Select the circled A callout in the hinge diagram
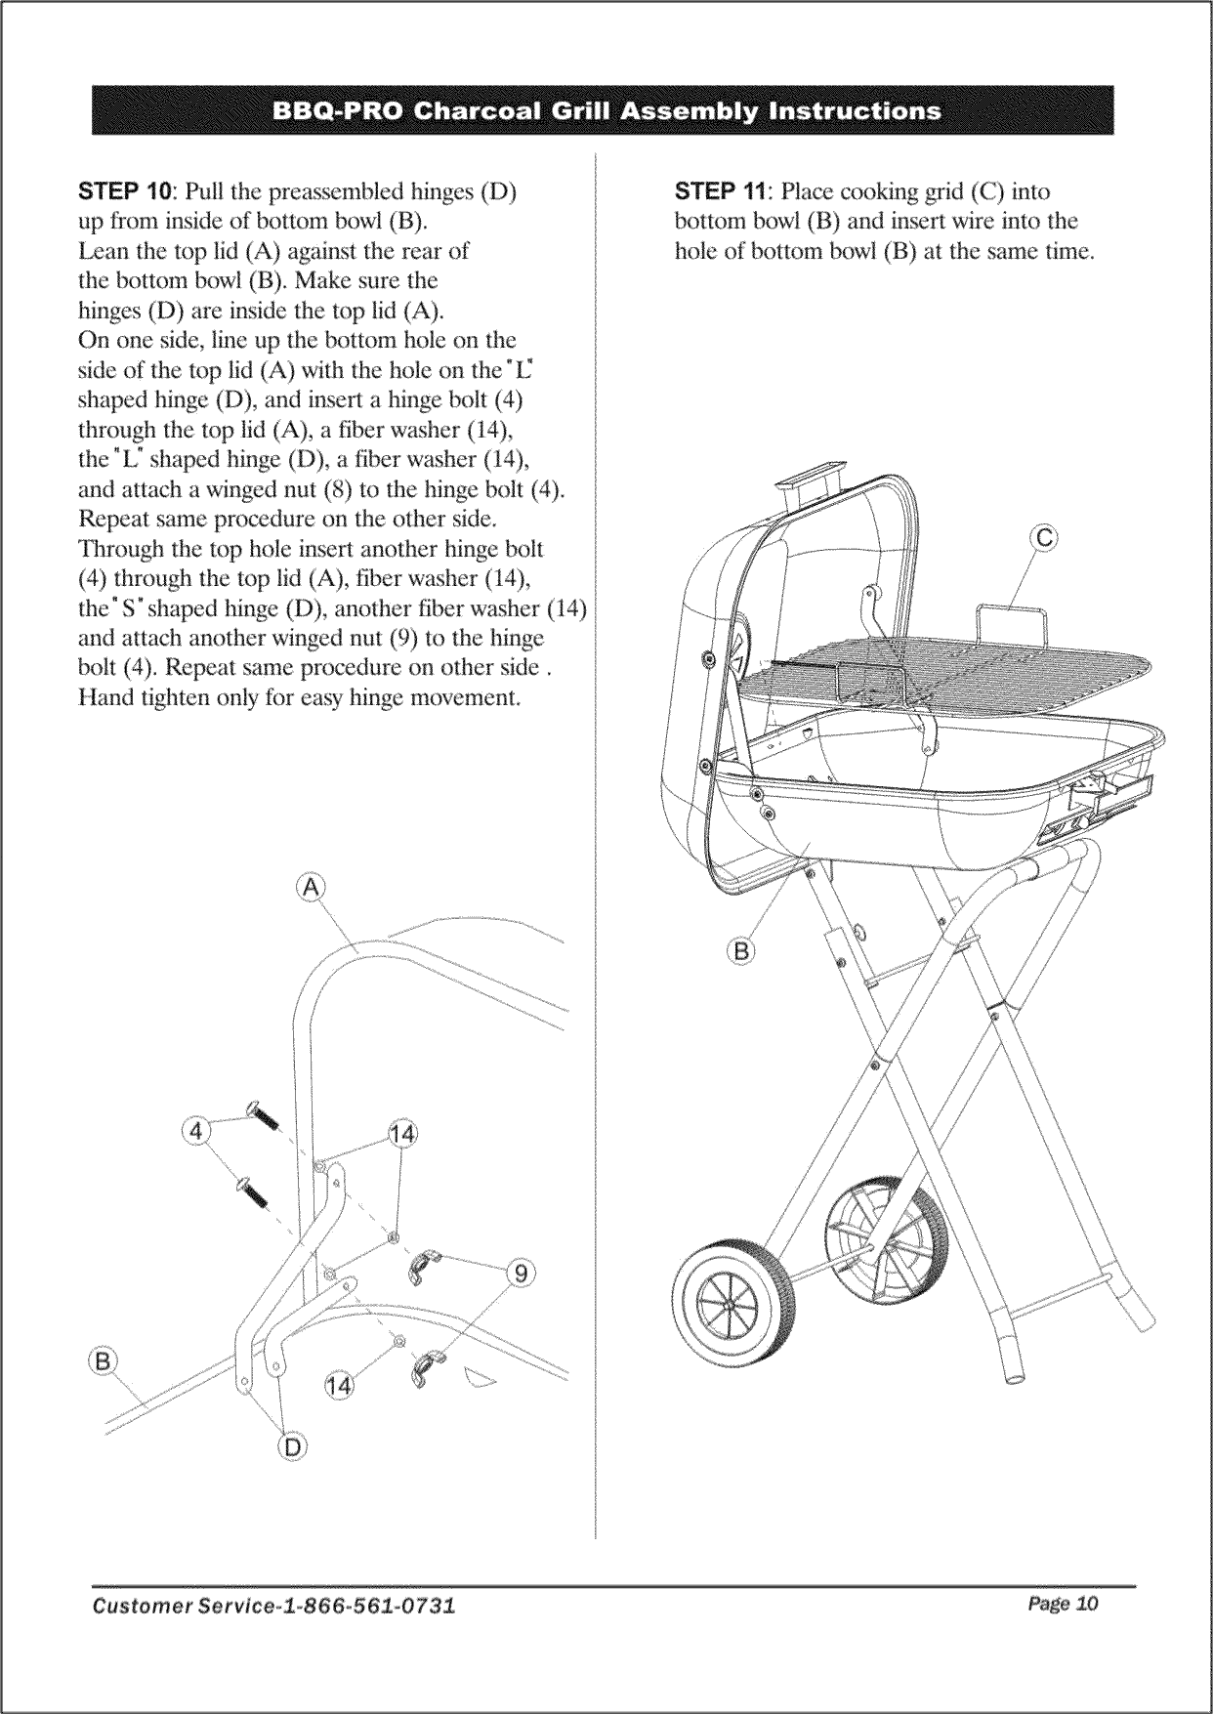(310, 887)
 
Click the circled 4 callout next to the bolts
(196, 1131)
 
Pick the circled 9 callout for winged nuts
(522, 1273)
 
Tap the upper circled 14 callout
(402, 1134)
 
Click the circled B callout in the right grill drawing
(742, 949)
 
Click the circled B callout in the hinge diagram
(102, 1360)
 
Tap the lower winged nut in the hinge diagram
(428, 1367)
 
